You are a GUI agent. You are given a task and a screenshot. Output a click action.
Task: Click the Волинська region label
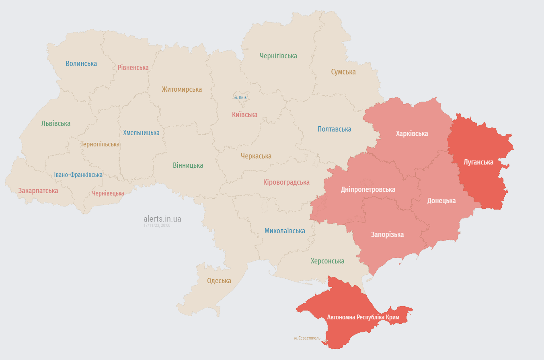81,64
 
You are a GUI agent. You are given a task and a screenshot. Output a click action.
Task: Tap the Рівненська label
133,68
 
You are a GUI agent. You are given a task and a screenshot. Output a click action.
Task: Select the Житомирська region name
182,89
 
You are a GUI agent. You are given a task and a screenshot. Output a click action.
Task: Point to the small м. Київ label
240,98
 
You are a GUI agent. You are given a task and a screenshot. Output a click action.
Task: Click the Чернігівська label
278,56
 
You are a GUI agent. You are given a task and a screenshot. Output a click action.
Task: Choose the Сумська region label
343,72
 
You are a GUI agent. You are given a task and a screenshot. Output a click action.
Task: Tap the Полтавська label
334,129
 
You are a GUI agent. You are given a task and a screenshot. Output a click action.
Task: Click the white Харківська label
412,134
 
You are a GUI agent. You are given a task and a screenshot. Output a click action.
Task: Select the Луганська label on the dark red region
478,162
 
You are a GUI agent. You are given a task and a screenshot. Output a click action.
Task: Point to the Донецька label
441,200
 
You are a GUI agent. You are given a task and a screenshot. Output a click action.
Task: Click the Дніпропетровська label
368,189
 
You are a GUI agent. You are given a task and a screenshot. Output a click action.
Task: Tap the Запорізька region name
387,235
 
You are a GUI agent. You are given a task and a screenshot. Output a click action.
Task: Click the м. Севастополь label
307,338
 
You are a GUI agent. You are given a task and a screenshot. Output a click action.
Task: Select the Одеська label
219,281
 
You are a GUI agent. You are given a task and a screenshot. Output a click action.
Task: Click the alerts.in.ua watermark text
162,219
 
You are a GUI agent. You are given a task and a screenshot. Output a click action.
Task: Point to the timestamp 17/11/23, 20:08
157,226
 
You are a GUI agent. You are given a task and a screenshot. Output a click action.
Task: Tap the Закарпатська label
38,191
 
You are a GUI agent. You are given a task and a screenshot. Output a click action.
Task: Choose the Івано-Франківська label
78,175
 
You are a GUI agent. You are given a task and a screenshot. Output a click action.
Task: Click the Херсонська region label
327,261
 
